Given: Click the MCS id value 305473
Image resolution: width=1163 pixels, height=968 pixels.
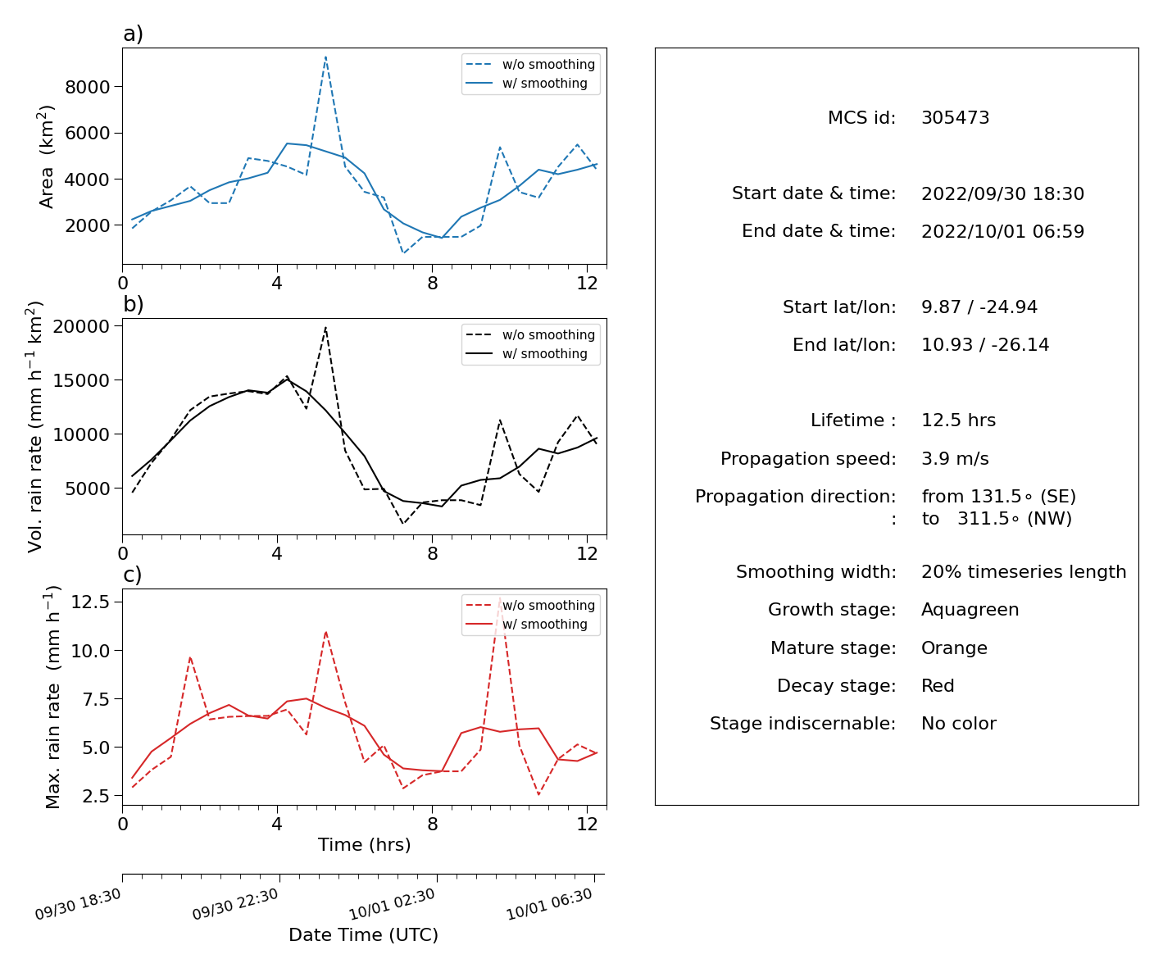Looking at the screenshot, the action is pos(955,117).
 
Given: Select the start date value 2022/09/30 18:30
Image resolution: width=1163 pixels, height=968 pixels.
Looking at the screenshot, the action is pos(1002,193).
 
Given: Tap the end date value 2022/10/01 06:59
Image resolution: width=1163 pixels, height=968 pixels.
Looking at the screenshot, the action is pos(1002,231).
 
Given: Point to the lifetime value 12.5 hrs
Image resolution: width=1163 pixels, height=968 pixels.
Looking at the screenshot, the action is pos(958,420).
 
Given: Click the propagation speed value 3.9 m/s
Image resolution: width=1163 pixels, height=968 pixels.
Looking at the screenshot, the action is pos(955,458).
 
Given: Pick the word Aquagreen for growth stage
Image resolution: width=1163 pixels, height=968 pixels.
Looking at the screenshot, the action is pos(970,610).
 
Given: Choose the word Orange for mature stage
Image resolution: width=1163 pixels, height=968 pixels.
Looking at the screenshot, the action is pos(954,648).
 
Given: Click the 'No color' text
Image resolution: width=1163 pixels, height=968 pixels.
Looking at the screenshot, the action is pos(959,723).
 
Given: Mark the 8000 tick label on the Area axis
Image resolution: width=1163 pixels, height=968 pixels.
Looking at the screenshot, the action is pos(88,87).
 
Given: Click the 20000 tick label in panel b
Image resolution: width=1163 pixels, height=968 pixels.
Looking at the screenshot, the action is pos(81,326).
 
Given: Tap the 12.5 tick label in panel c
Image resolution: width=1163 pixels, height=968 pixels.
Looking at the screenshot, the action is pos(89,602).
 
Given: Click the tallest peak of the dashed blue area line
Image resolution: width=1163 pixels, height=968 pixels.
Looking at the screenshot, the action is pos(325,57).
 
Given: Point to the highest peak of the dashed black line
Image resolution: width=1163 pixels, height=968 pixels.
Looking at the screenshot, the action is pos(325,327).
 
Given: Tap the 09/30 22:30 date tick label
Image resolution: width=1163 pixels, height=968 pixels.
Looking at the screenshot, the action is pos(235,903).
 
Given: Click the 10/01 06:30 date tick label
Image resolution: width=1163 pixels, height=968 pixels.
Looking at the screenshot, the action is pos(548,903).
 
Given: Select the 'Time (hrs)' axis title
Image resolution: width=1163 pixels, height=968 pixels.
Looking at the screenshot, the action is pos(364,844).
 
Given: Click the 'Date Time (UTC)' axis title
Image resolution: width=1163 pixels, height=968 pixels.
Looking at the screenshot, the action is pos(363,934).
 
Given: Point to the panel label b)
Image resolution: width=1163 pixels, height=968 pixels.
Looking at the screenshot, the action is pos(133,304).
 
